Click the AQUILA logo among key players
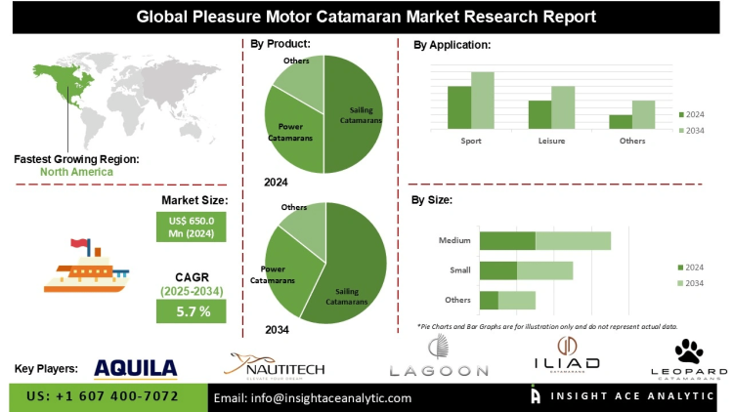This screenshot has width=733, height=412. pyautogui.click(x=136, y=367)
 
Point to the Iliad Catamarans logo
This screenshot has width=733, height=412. pyautogui.click(x=566, y=357)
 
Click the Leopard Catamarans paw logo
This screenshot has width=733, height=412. pyautogui.click(x=689, y=359)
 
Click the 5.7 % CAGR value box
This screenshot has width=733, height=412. pyautogui.click(x=192, y=311)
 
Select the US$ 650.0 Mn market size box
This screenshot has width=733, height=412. pyautogui.click(x=192, y=227)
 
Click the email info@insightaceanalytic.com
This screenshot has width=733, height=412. pyautogui.click(x=313, y=397)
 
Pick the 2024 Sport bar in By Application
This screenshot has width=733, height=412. pyautogui.click(x=459, y=107)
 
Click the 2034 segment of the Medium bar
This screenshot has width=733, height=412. pyautogui.click(x=573, y=240)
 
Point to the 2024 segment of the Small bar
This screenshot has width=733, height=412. pyautogui.click(x=497, y=269)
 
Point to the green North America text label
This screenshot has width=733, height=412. pyautogui.click(x=76, y=172)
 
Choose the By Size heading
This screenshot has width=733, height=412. pyautogui.click(x=431, y=199)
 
